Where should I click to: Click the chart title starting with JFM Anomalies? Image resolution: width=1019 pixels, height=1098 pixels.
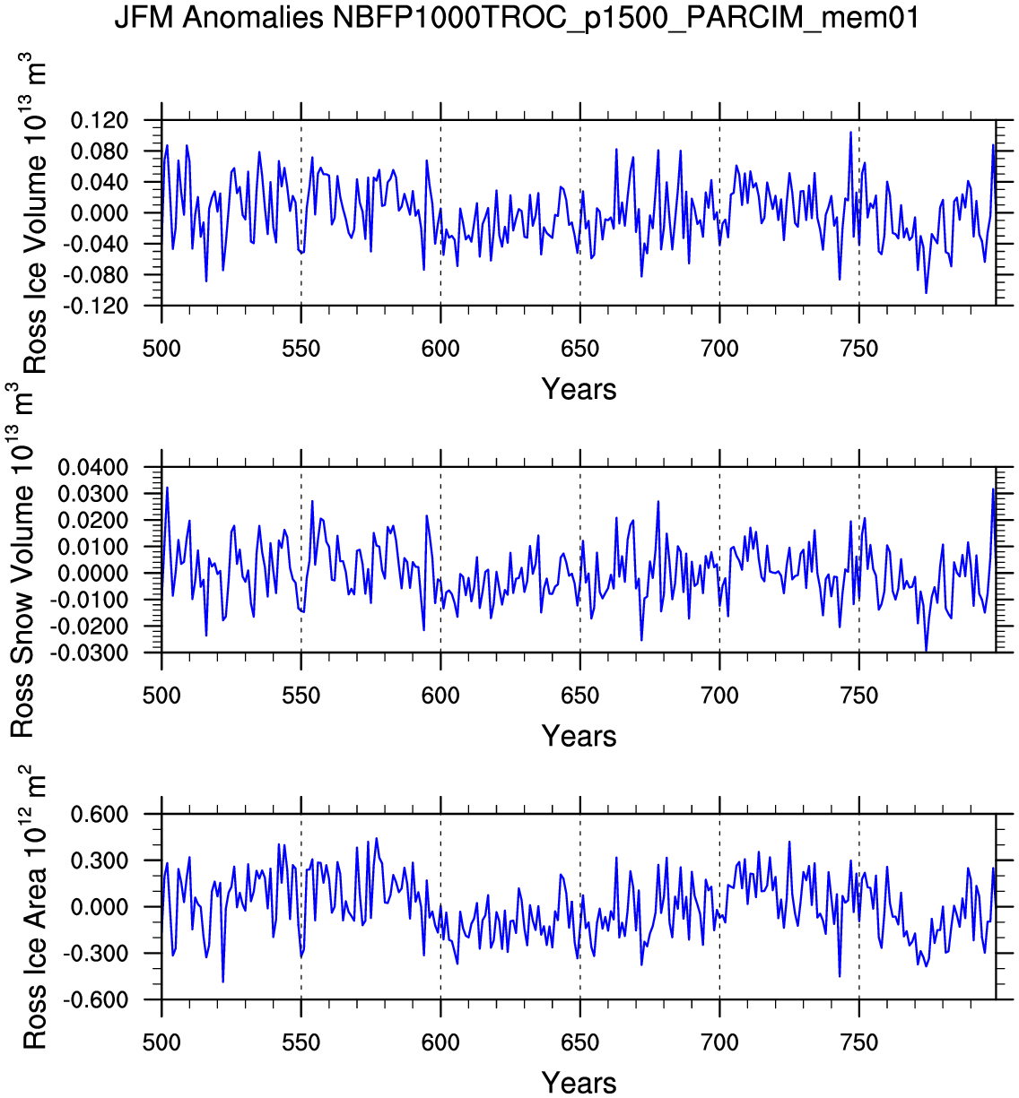coord(517,18)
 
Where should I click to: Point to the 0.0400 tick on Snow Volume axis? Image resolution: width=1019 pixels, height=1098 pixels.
coord(93,467)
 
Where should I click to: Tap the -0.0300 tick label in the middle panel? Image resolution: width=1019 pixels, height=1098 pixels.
coord(90,653)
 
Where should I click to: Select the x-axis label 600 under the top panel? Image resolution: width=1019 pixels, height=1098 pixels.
coord(440,349)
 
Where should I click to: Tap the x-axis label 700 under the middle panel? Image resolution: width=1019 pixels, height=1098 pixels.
coord(719,696)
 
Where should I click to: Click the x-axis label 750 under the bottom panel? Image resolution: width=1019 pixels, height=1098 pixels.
coord(859,1042)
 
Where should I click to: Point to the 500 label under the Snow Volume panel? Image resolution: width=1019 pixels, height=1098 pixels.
coord(161,696)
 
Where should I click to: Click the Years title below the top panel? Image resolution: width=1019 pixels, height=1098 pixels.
coord(579,389)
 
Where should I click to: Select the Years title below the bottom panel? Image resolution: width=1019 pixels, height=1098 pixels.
coord(579,1083)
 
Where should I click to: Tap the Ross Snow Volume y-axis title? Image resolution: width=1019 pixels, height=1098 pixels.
coord(22,560)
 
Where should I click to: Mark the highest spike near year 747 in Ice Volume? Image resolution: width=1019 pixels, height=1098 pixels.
coord(850,133)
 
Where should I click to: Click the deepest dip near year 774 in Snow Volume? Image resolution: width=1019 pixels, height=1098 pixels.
coord(926,650)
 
